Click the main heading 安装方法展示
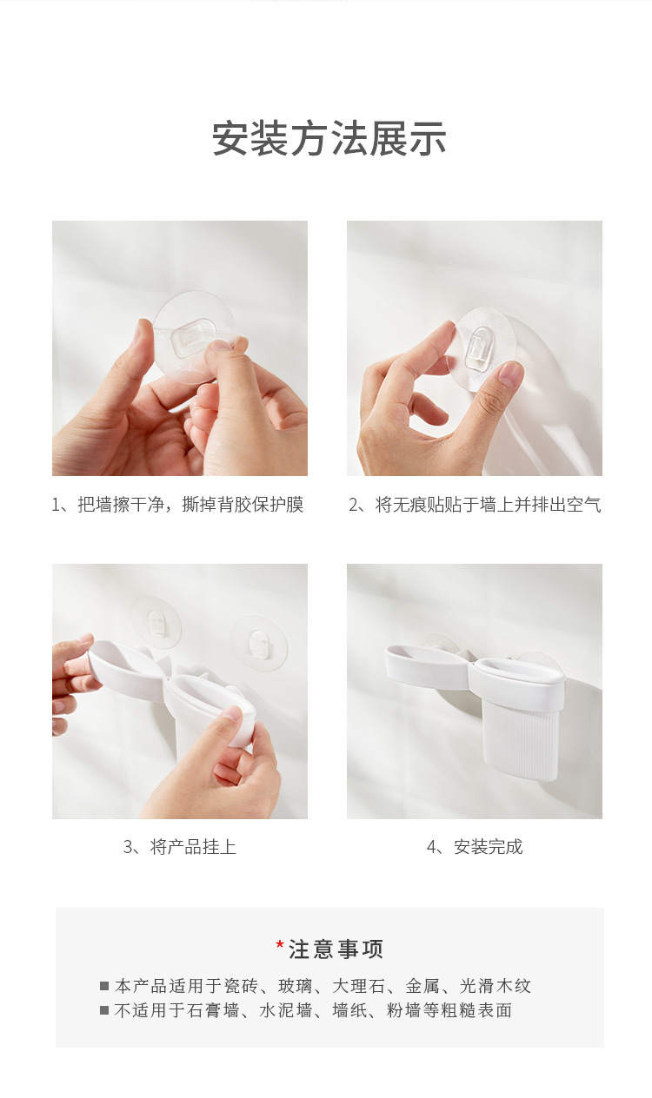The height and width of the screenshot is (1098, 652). (x=329, y=139)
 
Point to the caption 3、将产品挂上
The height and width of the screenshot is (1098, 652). (x=180, y=847)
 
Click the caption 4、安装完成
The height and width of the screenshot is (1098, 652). (x=475, y=847)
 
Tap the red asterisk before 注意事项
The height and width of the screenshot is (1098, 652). (x=280, y=944)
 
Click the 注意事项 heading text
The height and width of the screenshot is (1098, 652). (x=336, y=949)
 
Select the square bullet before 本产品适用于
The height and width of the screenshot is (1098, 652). (x=104, y=986)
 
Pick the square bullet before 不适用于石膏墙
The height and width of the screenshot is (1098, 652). (x=104, y=1010)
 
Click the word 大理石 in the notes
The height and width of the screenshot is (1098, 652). (x=359, y=986)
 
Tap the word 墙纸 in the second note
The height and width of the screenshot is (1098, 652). (x=349, y=1010)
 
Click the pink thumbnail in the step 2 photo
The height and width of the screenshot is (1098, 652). (x=510, y=374)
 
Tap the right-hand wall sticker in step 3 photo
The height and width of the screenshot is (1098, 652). (x=258, y=642)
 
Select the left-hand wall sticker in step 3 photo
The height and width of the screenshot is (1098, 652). (x=156, y=624)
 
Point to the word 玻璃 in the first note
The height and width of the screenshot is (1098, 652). (x=296, y=986)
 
